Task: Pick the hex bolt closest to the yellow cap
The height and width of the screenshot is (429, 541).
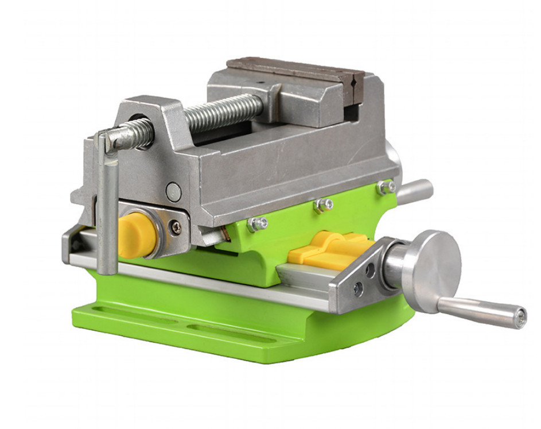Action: tap(258, 224)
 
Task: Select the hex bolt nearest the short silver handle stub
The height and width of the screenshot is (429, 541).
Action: tap(386, 187)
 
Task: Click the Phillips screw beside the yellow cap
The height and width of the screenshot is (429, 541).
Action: tap(176, 227)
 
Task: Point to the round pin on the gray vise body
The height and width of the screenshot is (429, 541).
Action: tap(173, 191)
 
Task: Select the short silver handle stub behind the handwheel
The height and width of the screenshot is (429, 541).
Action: tap(415, 191)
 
